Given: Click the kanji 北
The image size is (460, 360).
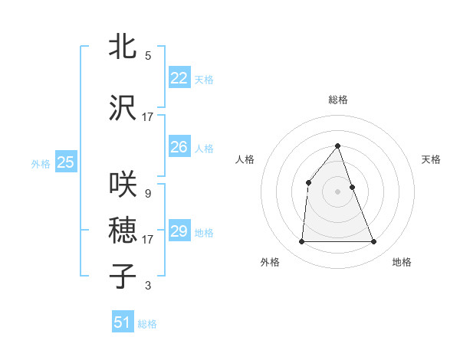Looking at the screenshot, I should pyautogui.click(x=123, y=46).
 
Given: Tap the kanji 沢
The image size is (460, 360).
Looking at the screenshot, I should pyautogui.click(x=123, y=107).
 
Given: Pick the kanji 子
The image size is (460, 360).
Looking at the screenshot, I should pyautogui.click(x=123, y=276).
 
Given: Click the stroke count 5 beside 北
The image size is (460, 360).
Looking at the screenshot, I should pyautogui.click(x=148, y=56).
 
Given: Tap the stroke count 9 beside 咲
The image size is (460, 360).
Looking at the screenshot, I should pyautogui.click(x=148, y=194).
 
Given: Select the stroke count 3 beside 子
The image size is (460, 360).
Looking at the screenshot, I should pyautogui.click(x=148, y=286).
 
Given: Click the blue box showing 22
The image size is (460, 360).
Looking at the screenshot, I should pyautogui.click(x=179, y=77).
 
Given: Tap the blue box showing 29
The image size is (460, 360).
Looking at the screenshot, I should pyautogui.click(x=179, y=231).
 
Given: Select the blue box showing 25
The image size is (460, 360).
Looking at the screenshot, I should pyautogui.click(x=65, y=162).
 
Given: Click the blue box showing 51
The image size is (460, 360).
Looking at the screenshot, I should pyautogui.click(x=123, y=322).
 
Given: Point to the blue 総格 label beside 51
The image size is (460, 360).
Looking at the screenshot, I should pyautogui.click(x=147, y=324).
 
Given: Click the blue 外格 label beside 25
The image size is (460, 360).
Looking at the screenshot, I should pyautogui.click(x=41, y=163).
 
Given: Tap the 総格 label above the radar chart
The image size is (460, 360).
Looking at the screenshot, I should pyautogui.click(x=338, y=100).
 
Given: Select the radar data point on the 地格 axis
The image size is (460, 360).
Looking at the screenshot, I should pyautogui.click(x=374, y=242).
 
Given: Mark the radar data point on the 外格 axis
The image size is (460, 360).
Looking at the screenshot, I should pyautogui.click(x=301, y=242).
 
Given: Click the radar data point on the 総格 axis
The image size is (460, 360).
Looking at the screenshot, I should pyautogui.click(x=338, y=146).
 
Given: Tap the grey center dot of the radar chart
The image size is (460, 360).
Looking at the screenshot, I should pyautogui.click(x=338, y=191).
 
